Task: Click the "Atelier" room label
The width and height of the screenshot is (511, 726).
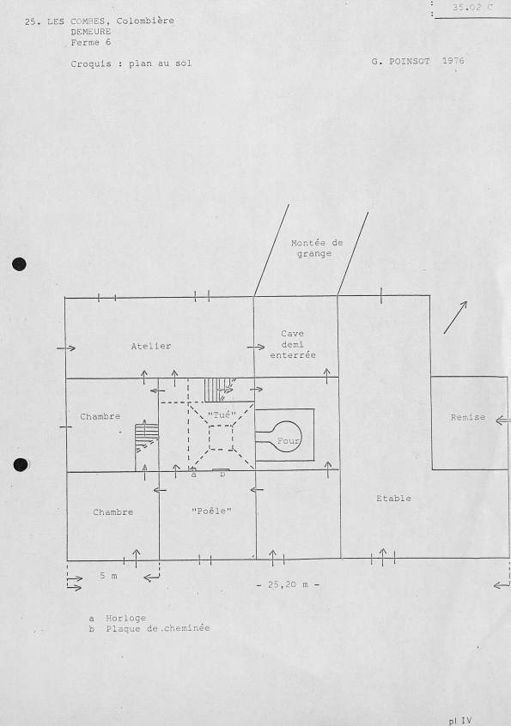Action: [151, 346]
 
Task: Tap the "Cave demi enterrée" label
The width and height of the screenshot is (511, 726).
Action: [293, 344]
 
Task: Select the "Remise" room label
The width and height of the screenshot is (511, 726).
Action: [468, 417]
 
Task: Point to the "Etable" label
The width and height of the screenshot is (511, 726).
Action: [393, 499]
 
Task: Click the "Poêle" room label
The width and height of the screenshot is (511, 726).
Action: [211, 511]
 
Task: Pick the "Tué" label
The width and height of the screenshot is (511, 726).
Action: [222, 414]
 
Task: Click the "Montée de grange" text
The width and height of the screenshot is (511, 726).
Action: [317, 248]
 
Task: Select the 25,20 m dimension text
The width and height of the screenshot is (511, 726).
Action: [288, 584]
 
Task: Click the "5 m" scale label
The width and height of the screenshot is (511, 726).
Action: [108, 576]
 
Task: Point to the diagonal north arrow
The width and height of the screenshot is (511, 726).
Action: [455, 318]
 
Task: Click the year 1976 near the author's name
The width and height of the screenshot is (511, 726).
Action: [453, 61]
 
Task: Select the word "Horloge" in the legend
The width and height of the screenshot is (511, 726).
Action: [125, 618]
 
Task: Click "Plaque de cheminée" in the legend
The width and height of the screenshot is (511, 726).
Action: [157, 628]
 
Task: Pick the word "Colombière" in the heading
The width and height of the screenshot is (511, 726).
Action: [145, 21]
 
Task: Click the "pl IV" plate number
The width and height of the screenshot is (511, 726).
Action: [459, 721]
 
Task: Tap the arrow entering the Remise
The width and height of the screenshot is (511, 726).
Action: [502, 420]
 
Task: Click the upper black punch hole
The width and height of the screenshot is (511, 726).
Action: [19, 264]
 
